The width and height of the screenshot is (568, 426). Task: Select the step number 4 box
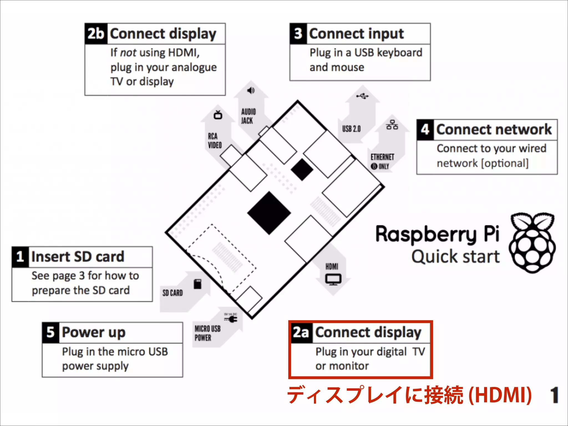point(425,130)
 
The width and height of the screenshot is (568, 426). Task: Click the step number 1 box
point(20,257)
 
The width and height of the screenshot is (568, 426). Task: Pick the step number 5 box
point(50,332)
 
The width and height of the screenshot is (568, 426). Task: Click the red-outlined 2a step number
point(301,332)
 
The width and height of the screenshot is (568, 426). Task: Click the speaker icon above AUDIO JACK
point(251,90)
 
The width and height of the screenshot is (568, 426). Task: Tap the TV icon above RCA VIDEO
point(218,115)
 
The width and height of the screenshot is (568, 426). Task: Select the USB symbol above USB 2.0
point(362,96)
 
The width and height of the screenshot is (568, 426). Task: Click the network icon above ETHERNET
point(392,125)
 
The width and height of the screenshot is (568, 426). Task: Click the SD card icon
point(197,284)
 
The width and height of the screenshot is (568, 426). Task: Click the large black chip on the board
point(269,213)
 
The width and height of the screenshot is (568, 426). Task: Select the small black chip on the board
point(302,169)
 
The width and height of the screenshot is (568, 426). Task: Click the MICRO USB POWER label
point(207,333)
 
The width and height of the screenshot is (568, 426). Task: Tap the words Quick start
point(455,257)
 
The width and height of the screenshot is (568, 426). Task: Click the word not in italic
point(128,52)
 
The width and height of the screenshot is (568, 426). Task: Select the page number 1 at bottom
point(554,395)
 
